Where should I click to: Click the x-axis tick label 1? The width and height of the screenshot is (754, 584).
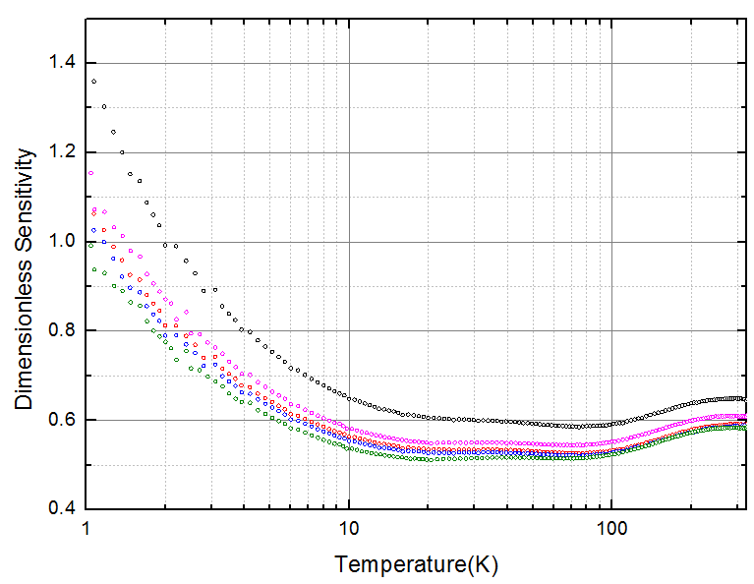[x=87, y=528]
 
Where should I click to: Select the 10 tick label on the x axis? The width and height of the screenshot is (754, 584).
[x=349, y=528]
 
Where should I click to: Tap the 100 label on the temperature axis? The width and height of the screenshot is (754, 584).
[x=611, y=528]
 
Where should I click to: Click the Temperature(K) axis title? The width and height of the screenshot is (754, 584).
[x=401, y=564]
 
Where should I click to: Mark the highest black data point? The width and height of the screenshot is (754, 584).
[x=94, y=82]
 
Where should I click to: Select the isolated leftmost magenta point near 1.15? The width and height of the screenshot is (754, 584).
[x=91, y=173]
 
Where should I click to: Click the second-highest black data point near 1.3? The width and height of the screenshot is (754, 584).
[x=104, y=106]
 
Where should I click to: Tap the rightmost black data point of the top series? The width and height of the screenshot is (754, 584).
[x=744, y=399]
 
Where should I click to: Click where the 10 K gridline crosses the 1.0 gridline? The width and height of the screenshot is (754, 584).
[x=349, y=242]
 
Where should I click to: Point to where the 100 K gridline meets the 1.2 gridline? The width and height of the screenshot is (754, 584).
[x=611, y=153]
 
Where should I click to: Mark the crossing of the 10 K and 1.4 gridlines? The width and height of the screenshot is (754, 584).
[x=349, y=64]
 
